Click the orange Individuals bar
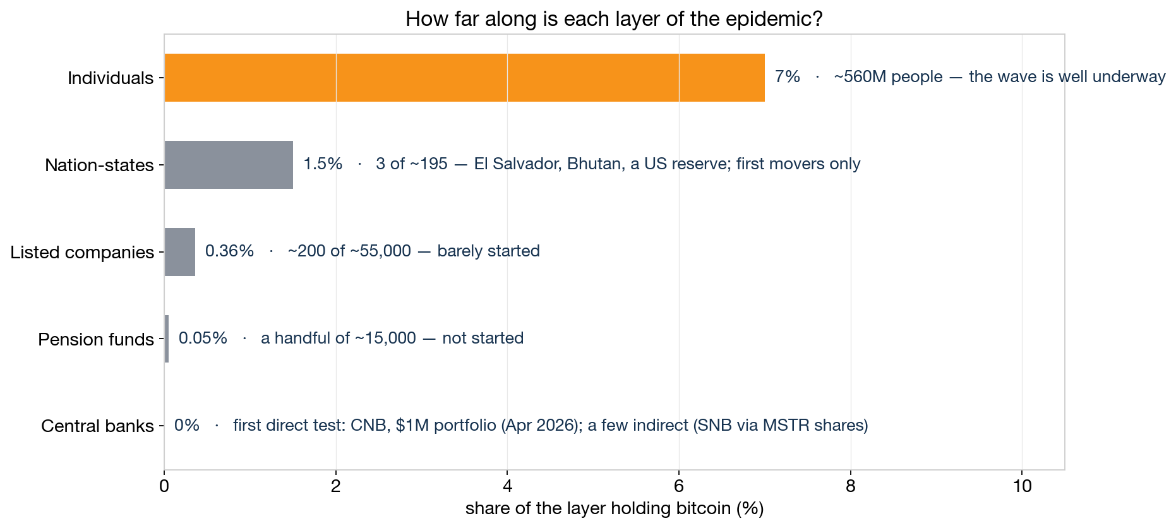[464, 78]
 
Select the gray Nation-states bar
[229, 165]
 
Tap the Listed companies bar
[180, 252]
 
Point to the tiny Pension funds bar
[167, 339]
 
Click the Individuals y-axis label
[111, 78]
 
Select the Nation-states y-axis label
[99, 165]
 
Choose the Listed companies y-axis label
[82, 253]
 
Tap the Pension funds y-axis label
[96, 340]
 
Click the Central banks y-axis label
[97, 426]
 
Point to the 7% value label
[788, 76]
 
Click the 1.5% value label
[323, 164]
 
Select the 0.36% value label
[230, 251]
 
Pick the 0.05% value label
[203, 338]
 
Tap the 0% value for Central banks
[187, 425]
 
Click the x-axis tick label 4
[507, 486]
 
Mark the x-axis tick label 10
[1022, 486]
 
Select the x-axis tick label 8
[851, 486]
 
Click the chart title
[614, 19]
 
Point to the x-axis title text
[615, 508]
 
